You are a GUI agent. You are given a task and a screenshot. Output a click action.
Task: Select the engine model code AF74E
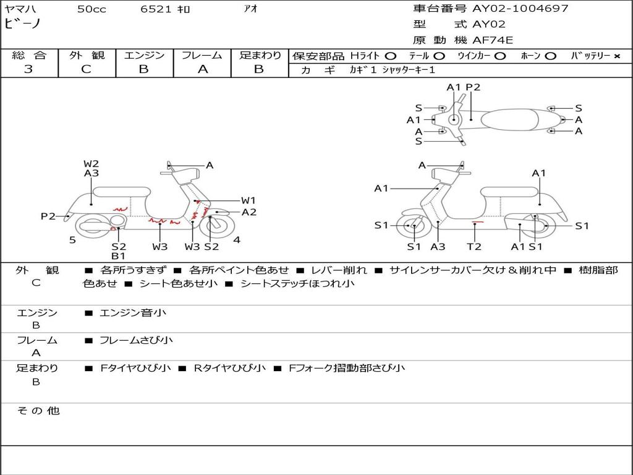(493, 40)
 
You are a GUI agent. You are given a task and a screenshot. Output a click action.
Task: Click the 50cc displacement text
(91, 9)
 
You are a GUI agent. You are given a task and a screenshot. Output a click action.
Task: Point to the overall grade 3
(28, 69)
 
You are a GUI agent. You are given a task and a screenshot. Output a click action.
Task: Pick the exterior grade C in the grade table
(86, 69)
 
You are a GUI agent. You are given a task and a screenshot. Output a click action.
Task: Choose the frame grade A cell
(202, 69)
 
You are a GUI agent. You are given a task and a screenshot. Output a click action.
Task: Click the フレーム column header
(202, 55)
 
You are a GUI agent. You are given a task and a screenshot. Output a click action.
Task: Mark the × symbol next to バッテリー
(616, 56)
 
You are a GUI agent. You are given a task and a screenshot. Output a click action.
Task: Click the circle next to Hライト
(391, 56)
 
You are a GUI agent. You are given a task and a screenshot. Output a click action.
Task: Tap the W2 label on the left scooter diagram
(91, 164)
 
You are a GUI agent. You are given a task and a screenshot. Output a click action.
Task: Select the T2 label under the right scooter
(474, 247)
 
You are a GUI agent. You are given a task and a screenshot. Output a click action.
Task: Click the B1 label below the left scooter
(119, 256)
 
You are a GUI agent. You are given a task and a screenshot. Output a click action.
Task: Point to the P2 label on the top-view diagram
(473, 87)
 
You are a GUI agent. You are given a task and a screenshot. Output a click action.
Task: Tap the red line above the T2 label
(477, 220)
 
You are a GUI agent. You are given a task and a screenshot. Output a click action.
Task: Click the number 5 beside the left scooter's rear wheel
(72, 240)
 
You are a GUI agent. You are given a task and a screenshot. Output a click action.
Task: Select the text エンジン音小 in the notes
(133, 313)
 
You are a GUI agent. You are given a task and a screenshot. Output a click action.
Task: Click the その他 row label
(38, 411)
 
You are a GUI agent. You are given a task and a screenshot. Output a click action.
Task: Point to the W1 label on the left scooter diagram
(249, 200)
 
